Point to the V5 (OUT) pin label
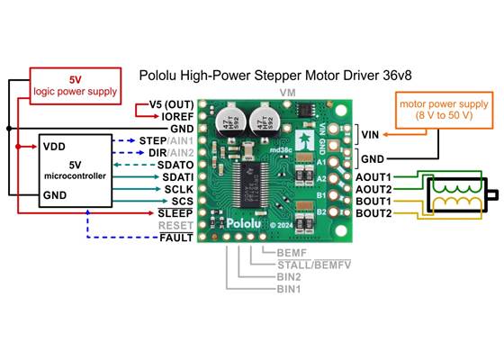[x=172, y=104]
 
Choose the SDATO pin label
[x=175, y=166]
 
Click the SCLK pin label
[x=177, y=189]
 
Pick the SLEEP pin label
[x=175, y=212]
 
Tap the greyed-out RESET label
[x=175, y=225]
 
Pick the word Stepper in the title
[x=274, y=76]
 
